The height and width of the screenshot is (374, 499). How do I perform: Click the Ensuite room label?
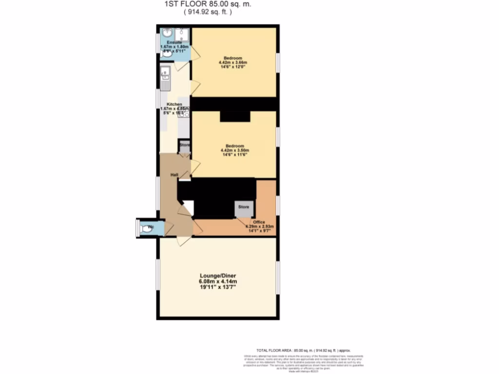[x=168, y=43]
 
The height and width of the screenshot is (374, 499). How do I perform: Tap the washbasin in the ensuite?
[x=168, y=33]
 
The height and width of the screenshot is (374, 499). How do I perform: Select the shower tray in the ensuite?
[x=182, y=35]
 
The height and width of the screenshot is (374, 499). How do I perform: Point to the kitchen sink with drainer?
[x=164, y=79]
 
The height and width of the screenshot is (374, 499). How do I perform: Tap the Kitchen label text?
[x=174, y=104]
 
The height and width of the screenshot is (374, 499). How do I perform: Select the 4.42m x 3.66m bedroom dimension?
[x=233, y=63]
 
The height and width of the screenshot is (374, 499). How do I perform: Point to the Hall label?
[x=173, y=174]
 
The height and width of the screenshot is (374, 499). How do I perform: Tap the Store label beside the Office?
[x=244, y=207]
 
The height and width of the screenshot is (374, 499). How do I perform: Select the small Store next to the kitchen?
[x=184, y=146]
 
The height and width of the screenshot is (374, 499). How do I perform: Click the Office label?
[x=259, y=222]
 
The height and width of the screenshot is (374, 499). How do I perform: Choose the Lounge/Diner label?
[x=217, y=275]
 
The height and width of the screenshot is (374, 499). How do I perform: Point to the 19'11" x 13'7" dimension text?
[x=217, y=288]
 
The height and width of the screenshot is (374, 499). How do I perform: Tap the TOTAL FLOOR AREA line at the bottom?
[x=303, y=350]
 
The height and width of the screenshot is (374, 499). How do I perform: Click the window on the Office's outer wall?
[x=278, y=205]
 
